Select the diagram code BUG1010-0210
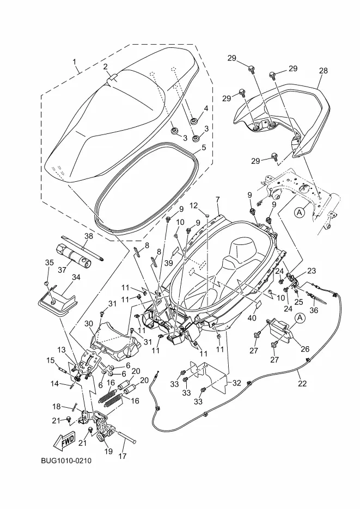[x=66, y=461]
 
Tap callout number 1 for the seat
[x=76, y=62]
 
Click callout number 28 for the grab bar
[x=324, y=71]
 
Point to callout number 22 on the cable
[x=302, y=383]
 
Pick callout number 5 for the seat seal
[x=204, y=147]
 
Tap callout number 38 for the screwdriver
[x=89, y=236]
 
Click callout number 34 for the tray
[x=76, y=277]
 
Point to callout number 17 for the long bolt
[x=123, y=456]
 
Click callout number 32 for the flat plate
[x=236, y=383]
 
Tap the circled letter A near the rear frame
[x=300, y=213]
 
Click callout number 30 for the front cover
[x=89, y=323]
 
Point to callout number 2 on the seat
[x=106, y=66]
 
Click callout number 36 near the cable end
[x=313, y=311]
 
